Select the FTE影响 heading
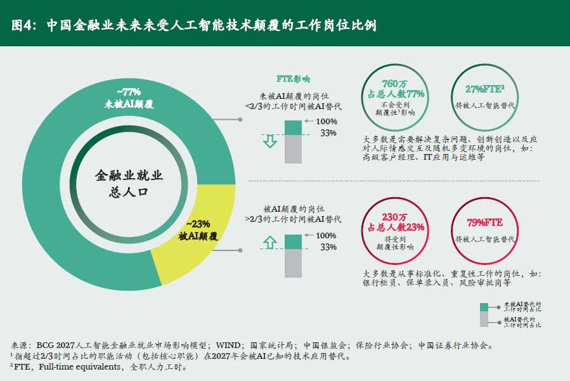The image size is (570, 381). (293, 79)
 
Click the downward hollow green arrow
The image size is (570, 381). (270, 140)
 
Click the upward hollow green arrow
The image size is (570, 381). (270, 242)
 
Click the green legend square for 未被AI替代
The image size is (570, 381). (484, 307)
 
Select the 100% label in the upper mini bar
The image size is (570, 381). (327, 122)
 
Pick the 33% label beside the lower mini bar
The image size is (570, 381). (328, 247)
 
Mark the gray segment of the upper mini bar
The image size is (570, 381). (293, 150)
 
